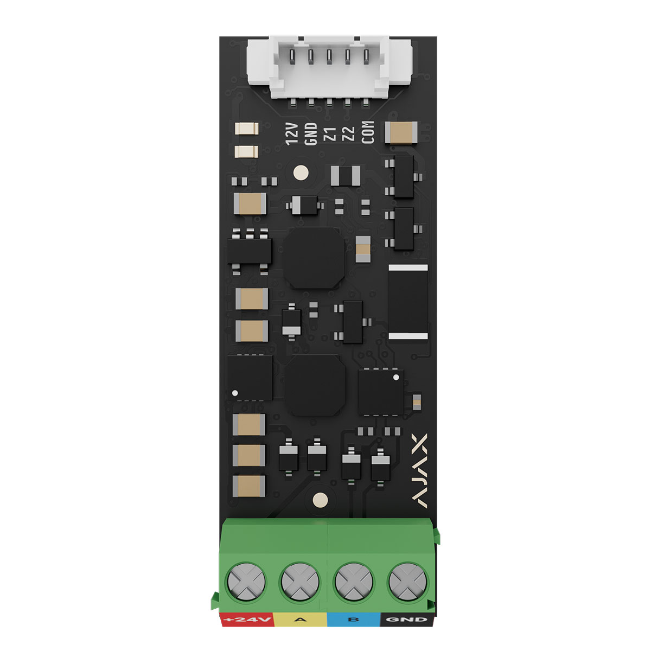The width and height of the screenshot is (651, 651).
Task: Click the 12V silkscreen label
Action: point(292,134)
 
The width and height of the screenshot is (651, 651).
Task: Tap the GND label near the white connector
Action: point(311,134)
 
